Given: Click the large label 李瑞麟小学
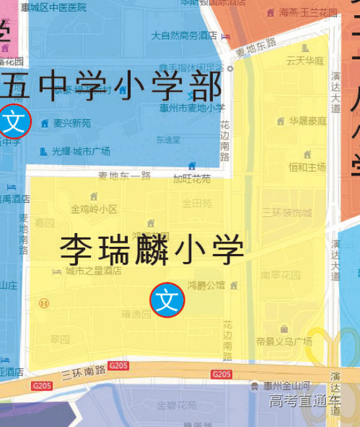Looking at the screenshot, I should click(x=152, y=249).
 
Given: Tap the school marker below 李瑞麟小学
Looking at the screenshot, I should click(x=167, y=300).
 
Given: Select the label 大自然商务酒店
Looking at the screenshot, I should click(x=184, y=36).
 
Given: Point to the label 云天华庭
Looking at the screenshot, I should click(x=305, y=61).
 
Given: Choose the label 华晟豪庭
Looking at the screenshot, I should click(x=307, y=121).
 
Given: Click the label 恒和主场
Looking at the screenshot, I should click(x=307, y=167).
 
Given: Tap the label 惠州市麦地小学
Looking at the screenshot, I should click(x=192, y=108).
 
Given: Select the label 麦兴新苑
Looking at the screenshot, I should click(x=72, y=123).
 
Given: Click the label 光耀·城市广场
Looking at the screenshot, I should click(x=80, y=151).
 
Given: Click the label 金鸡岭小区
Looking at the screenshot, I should click(x=94, y=209).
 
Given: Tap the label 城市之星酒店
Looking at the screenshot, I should click(x=93, y=271).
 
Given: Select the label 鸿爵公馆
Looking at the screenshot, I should click(x=206, y=286).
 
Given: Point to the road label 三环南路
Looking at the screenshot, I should click(x=84, y=373).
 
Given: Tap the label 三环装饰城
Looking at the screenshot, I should click(x=286, y=213).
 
